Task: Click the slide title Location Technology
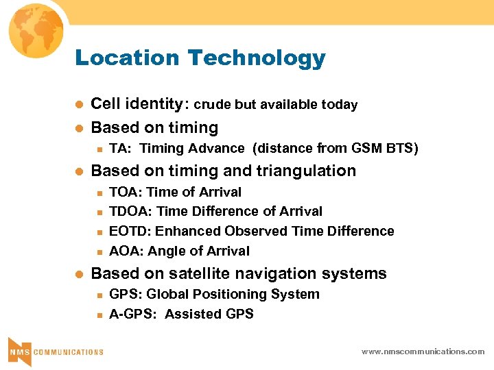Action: pos(200,58)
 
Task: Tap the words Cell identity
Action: pos(137,104)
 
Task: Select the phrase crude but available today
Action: pos(276,105)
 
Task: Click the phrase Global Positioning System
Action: pos(233,294)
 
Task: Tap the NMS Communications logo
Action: pos(55,350)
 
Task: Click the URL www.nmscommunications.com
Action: pos(423,351)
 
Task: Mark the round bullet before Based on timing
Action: pos(79,128)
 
